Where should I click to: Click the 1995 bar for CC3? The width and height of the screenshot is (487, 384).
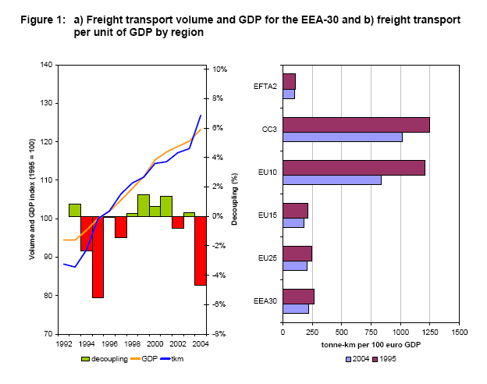(x=356, y=125)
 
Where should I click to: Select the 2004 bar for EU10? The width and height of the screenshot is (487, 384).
(x=332, y=180)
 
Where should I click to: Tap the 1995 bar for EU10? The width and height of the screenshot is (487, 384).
(x=354, y=167)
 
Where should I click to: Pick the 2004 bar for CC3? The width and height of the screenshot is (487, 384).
(x=342, y=137)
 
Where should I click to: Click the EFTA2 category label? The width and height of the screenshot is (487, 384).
(x=266, y=86)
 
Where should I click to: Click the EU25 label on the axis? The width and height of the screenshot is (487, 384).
(x=267, y=258)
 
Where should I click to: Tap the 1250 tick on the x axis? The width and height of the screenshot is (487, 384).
(x=430, y=332)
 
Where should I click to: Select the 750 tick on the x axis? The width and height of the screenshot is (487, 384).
(x=371, y=332)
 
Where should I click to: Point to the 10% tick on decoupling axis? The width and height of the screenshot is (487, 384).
(x=220, y=69)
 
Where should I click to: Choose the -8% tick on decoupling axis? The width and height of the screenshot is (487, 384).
(x=220, y=334)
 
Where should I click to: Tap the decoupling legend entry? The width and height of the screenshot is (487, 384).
(x=103, y=358)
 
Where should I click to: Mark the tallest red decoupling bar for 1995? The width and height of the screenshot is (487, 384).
(x=98, y=257)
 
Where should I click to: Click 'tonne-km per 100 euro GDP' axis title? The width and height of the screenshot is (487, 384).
(x=370, y=344)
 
